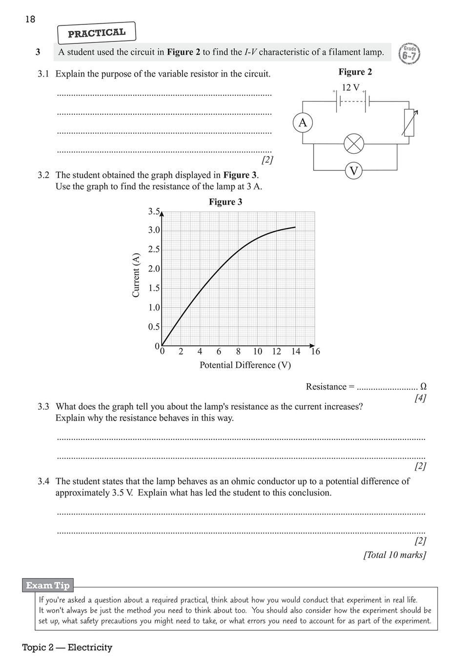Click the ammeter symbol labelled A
coord(303,123)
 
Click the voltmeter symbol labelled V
coord(354,170)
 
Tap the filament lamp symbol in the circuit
coord(354,144)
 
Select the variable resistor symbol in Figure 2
coord(409,123)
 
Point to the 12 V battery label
coord(350,88)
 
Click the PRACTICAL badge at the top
coord(97,33)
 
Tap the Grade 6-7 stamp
coord(409,53)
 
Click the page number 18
coord(30,20)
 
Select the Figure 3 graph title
coord(225,202)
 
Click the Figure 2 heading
coord(355,72)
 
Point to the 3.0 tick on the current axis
coord(154,230)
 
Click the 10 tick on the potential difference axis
coord(257,352)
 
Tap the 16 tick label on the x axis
coord(315,352)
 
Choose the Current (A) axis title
coord(136,274)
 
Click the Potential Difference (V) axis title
coord(245,365)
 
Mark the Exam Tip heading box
coord(48,585)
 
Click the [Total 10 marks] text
coord(394,555)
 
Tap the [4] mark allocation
coord(420,398)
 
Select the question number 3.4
coord(43,481)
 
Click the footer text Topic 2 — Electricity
coord(67,647)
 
